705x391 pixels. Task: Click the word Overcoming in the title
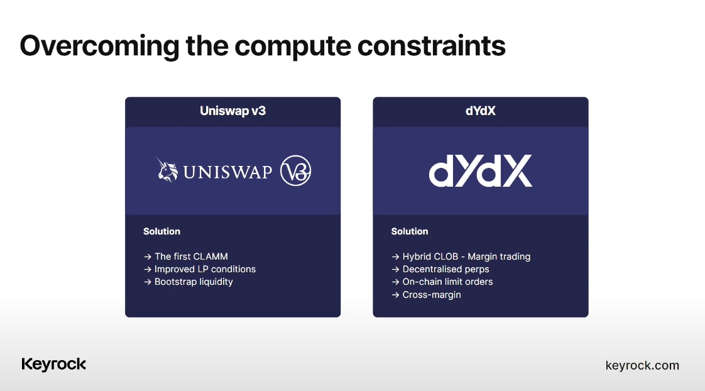click(99, 47)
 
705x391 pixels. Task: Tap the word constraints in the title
click(431, 45)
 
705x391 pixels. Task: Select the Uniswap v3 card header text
click(232, 111)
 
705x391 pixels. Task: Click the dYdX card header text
click(480, 111)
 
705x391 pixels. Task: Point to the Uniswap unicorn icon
click(167, 170)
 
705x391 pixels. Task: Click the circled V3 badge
click(295, 170)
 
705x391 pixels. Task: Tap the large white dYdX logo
click(480, 171)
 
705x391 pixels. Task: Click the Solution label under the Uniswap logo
click(161, 231)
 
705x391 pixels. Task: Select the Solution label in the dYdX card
click(409, 231)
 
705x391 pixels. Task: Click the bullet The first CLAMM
click(191, 256)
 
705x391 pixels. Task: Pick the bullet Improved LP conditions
click(205, 269)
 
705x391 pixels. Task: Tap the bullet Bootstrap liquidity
click(194, 282)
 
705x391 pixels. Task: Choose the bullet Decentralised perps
click(445, 269)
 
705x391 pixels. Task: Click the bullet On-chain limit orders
click(447, 282)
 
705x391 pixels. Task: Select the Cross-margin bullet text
click(431, 295)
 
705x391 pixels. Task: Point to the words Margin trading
click(499, 256)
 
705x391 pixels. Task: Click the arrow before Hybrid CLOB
click(395, 257)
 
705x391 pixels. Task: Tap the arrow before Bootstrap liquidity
click(148, 282)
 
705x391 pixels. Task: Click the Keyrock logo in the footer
click(53, 365)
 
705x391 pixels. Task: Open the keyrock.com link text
click(642, 365)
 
